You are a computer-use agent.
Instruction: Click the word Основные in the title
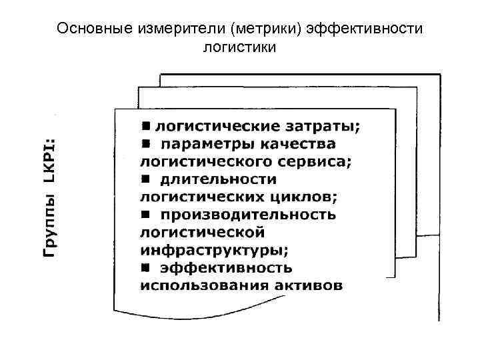pos(87,29)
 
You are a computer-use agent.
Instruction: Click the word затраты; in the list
pos(327,125)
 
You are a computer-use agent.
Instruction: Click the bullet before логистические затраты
pos(146,125)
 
